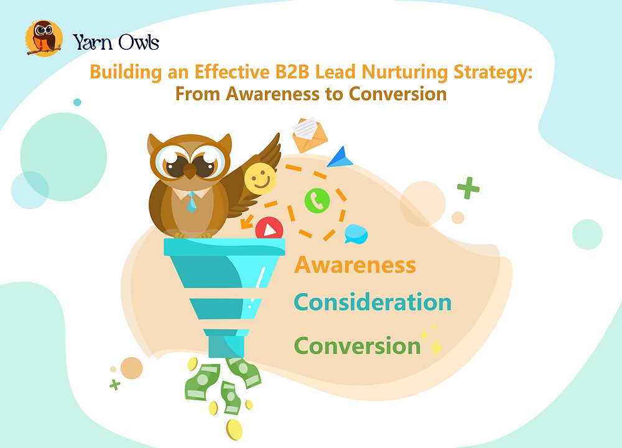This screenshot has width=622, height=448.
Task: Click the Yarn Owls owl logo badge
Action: [44, 39]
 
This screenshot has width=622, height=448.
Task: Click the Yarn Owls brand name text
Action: [116, 42]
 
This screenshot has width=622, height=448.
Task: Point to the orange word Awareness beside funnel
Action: [355, 264]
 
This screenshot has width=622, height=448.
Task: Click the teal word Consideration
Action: [373, 302]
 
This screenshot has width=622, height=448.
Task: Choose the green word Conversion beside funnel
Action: [357, 345]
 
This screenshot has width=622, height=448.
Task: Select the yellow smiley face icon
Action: [260, 179]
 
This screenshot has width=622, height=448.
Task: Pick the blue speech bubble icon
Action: [356, 233]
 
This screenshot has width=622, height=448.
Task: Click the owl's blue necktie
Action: [192, 201]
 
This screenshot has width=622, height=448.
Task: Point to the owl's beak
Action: [188, 174]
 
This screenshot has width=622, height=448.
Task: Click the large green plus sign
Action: [468, 188]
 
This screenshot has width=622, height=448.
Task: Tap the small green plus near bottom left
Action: [114, 385]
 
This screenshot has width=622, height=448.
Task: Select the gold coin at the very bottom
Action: [234, 429]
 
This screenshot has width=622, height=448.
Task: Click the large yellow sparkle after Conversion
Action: [436, 347]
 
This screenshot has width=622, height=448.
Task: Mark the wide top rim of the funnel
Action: [224, 247]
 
